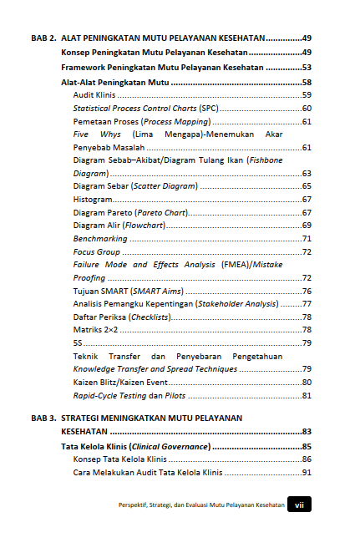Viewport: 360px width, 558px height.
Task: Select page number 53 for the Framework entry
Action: (x=307, y=68)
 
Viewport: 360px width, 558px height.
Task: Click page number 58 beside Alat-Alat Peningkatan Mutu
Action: (x=307, y=83)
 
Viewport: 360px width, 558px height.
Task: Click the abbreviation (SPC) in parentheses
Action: (x=209, y=109)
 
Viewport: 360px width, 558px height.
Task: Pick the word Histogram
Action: (x=93, y=200)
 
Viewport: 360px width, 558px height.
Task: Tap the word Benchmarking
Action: (x=99, y=239)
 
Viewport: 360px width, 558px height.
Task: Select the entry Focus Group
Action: (x=96, y=252)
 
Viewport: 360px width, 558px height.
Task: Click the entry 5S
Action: (x=78, y=343)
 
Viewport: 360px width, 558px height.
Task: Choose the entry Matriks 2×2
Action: (x=95, y=330)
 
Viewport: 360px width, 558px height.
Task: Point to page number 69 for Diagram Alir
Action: (x=307, y=226)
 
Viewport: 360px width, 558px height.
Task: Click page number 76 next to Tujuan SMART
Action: (x=307, y=291)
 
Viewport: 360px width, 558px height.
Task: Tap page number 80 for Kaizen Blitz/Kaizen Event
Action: (x=307, y=382)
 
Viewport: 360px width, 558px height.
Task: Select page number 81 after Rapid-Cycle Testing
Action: (x=307, y=395)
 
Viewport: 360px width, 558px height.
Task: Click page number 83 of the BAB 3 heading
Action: (x=307, y=432)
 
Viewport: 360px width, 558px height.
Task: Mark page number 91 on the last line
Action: (x=307, y=473)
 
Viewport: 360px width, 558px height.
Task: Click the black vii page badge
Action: (x=299, y=505)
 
